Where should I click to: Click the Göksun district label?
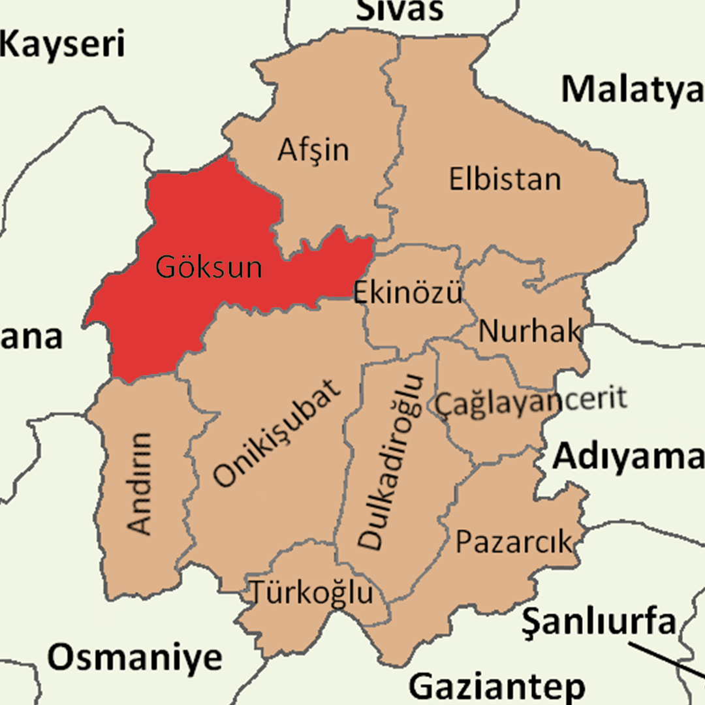click(208, 267)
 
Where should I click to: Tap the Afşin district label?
click(313, 150)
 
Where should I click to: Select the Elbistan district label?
click(505, 179)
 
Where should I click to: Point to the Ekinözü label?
click(408, 292)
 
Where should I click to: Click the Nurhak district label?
click(529, 332)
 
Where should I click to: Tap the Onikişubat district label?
click(278, 433)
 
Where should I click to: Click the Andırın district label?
click(140, 482)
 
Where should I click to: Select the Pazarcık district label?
click(513, 542)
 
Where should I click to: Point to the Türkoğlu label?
click(313, 593)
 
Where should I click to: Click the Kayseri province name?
click(63, 46)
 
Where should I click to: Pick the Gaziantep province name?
click(497, 687)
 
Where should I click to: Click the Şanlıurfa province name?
click(599, 623)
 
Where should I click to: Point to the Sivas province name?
click(400, 10)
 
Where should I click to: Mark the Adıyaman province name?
click(628, 458)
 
